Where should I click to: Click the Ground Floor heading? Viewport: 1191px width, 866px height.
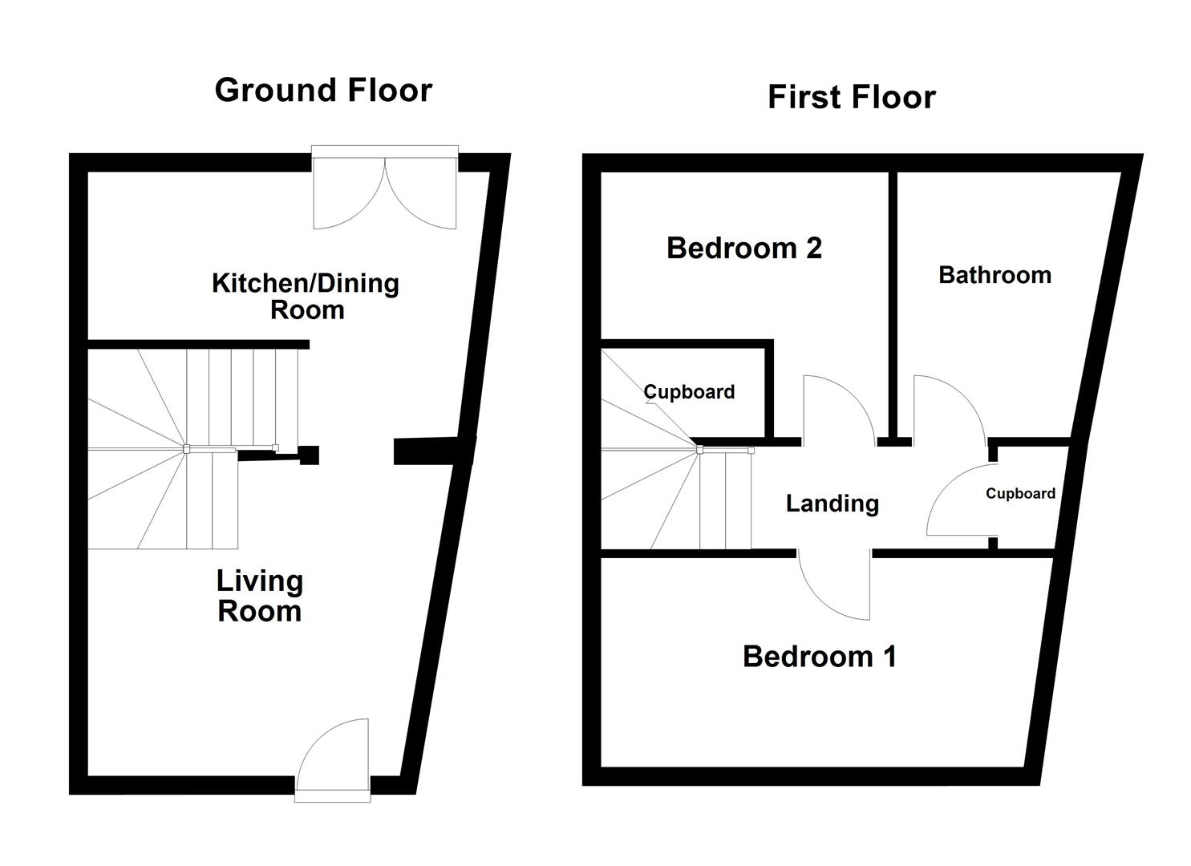[x=323, y=90]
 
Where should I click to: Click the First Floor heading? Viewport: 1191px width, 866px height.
[x=851, y=97]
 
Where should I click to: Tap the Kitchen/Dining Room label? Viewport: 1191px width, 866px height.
[x=306, y=296]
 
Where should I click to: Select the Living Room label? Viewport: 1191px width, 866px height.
[x=260, y=596]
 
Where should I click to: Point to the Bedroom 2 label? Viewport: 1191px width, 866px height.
[x=744, y=248]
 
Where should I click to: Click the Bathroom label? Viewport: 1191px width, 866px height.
[x=995, y=275]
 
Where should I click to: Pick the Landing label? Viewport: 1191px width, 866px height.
[x=832, y=504]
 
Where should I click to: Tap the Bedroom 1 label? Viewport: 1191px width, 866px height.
[x=819, y=656]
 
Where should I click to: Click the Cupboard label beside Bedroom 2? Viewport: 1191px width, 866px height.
[x=689, y=392]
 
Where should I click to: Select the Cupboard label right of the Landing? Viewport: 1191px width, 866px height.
[x=1020, y=493]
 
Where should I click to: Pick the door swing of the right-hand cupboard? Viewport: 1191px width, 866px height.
[x=958, y=501]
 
